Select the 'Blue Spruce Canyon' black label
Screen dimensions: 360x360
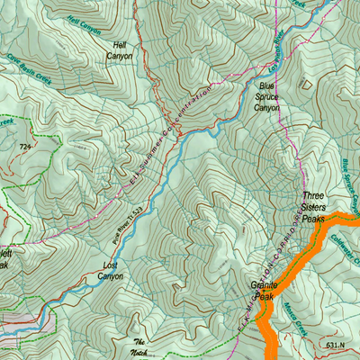click(266, 98)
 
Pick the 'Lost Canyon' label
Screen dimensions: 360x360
click(110, 271)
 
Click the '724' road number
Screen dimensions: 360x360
click(25, 145)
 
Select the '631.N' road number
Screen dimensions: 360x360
click(336, 343)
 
